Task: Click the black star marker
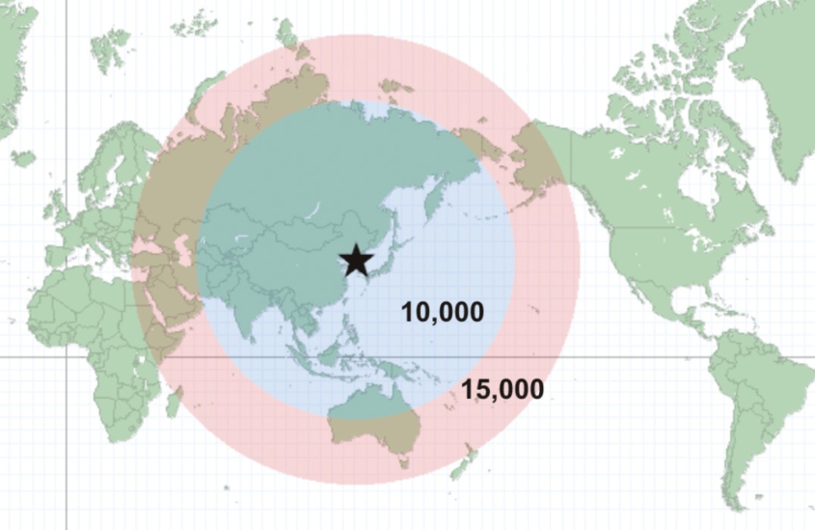pos(356,259)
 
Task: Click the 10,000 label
pos(443,312)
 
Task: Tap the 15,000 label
pos(502,390)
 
